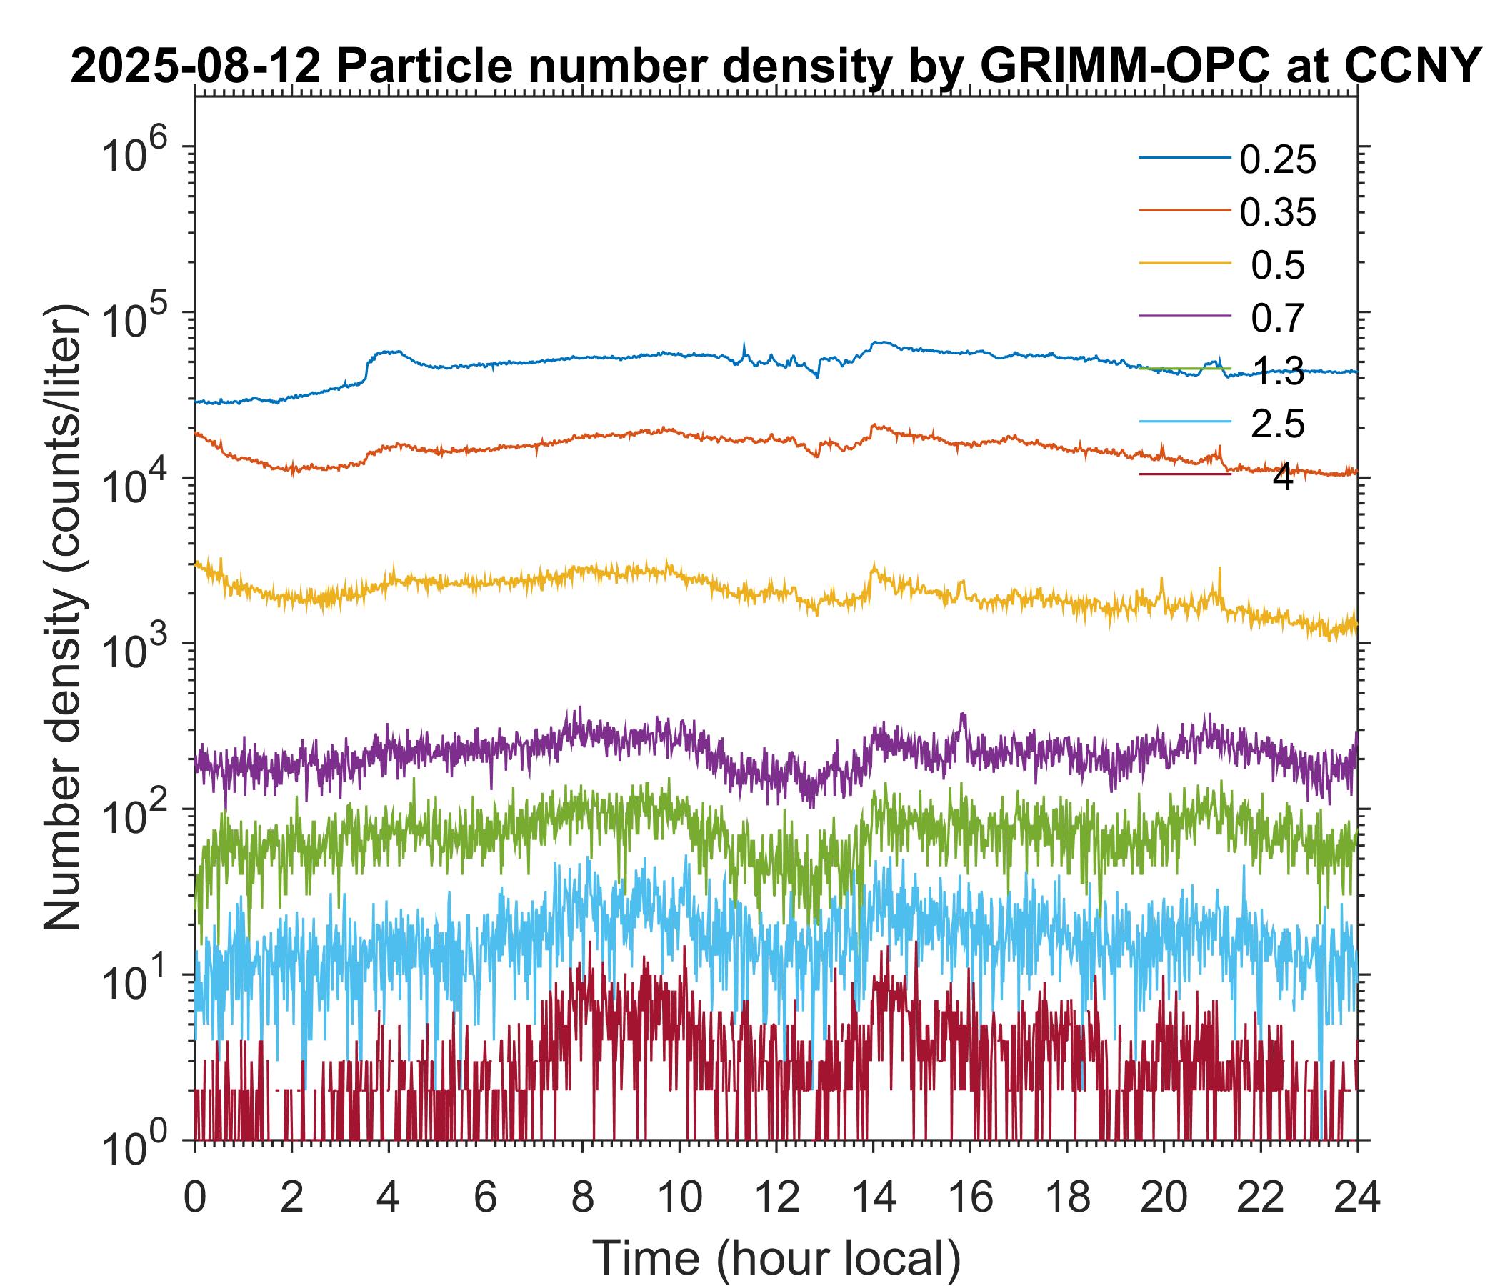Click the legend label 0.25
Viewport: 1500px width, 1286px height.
tap(1278, 160)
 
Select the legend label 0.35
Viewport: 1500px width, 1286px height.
tap(1278, 213)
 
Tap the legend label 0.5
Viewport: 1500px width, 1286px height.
tap(1278, 266)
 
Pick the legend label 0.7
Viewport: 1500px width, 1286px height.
tap(1278, 319)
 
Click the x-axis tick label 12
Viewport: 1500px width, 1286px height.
tap(776, 1198)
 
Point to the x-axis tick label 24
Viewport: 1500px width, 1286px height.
tap(1357, 1198)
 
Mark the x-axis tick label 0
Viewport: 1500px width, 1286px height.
tap(195, 1198)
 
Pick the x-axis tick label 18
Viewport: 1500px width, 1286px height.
tap(1067, 1198)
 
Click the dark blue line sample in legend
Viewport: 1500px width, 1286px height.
tap(1184, 158)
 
